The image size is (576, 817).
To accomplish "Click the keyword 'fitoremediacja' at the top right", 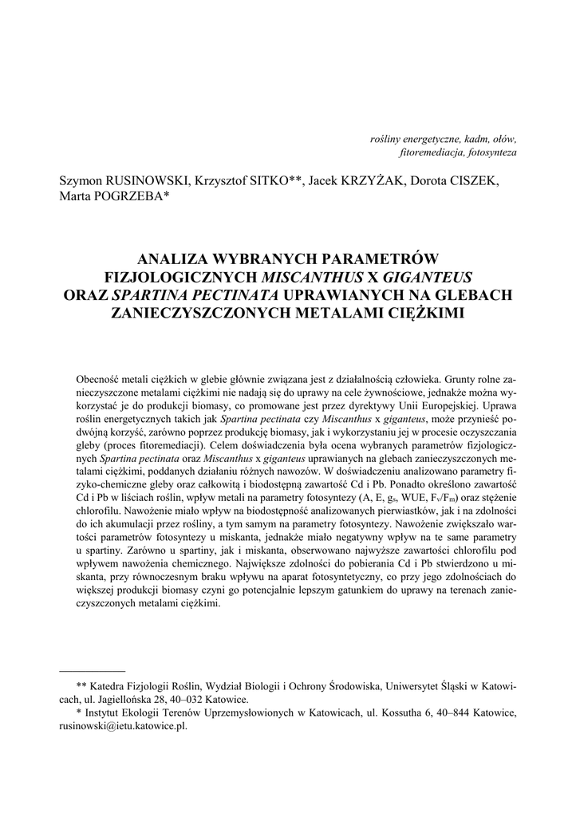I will (x=430, y=152).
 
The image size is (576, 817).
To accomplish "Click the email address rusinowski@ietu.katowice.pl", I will (x=123, y=727).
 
